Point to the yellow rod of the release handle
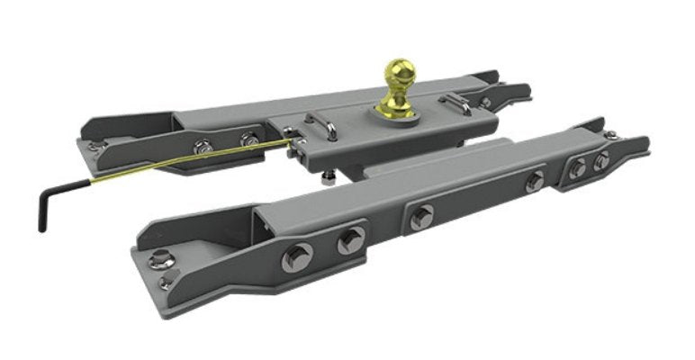coord(180,162)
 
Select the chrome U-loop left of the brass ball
coord(322,127)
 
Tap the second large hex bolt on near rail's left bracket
coord(350,239)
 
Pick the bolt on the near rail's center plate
coord(420,216)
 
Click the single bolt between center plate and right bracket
coord(535,181)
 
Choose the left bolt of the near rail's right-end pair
coord(577,167)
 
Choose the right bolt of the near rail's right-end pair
coord(600,160)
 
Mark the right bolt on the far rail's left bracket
coord(248,139)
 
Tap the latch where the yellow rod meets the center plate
coord(292,136)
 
